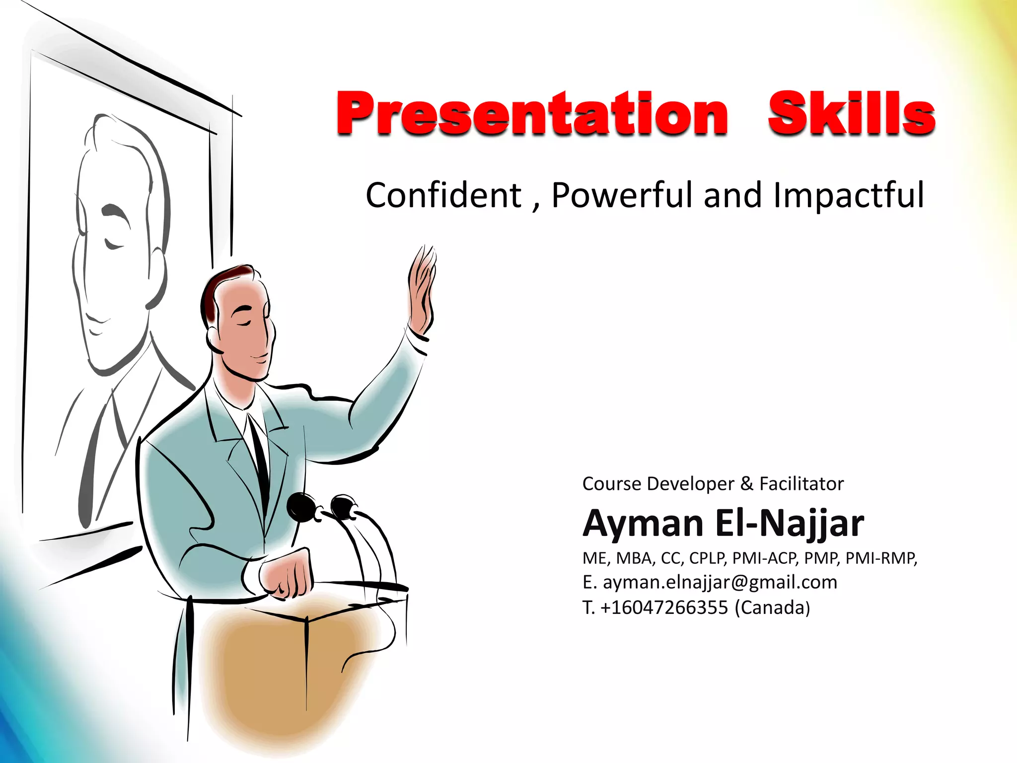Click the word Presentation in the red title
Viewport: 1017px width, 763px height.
coord(532,114)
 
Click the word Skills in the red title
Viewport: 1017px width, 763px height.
coord(851,114)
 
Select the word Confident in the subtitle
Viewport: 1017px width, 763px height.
coord(443,195)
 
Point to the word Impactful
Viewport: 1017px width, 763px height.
coord(849,195)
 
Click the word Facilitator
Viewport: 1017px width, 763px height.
coord(801,484)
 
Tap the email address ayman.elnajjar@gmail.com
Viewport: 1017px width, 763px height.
coord(720,582)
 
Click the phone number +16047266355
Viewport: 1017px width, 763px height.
coord(664,608)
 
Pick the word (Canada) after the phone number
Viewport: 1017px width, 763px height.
coord(772,608)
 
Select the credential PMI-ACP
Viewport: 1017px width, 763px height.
coord(765,558)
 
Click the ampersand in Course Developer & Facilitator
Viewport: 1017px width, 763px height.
coord(746,484)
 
